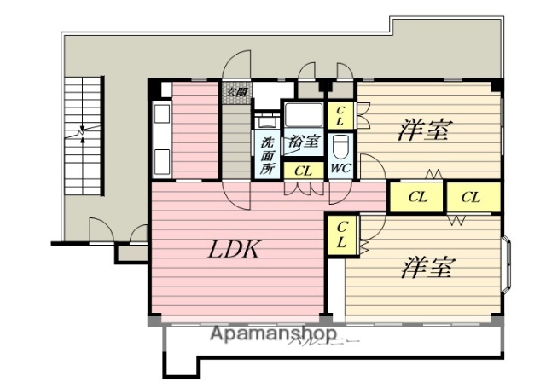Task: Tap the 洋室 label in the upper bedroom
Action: tap(425, 130)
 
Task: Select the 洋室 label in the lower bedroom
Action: tap(427, 268)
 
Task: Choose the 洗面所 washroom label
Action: tap(267, 154)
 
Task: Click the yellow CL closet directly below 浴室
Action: tap(302, 170)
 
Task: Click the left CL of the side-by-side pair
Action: tap(417, 197)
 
